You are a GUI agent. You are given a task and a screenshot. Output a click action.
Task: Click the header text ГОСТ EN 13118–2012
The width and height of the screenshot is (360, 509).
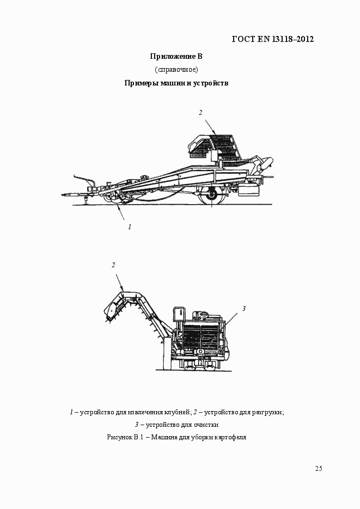point(273,39)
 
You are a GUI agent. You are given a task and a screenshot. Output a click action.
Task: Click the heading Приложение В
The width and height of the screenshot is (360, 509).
point(176,56)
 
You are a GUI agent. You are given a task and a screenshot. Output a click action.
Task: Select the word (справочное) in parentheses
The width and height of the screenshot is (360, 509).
point(176,70)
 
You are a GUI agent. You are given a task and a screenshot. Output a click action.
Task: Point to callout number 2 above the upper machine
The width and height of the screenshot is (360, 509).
point(200,113)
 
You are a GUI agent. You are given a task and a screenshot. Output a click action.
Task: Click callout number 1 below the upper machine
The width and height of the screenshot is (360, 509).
point(130,226)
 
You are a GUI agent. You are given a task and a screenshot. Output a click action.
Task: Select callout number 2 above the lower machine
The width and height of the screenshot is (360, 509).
point(113,265)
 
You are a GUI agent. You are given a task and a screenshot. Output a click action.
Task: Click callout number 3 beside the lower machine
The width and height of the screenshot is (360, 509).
point(245,309)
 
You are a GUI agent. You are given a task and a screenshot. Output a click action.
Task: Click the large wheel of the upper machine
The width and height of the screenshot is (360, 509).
point(211,193)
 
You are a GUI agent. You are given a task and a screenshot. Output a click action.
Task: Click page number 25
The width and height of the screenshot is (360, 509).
point(319,469)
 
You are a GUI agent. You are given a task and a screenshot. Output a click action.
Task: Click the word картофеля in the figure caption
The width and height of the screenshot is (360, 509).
point(231,437)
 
